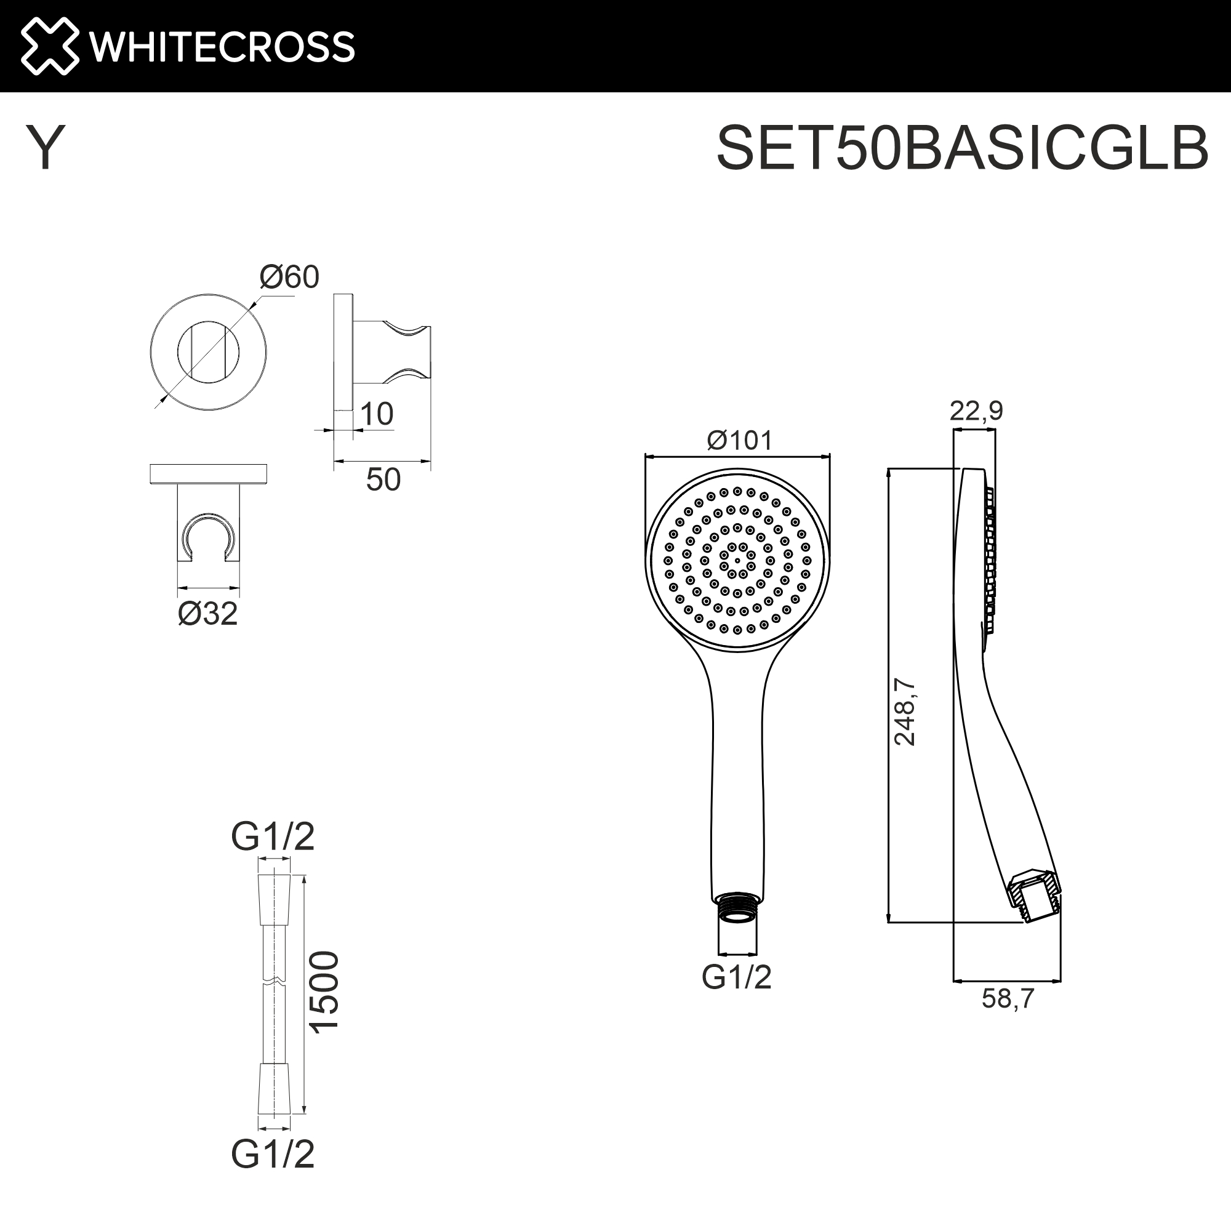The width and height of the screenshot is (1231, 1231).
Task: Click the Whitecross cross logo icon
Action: pyautogui.click(x=50, y=46)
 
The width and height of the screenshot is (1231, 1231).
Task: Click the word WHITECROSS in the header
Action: pyautogui.click(x=221, y=47)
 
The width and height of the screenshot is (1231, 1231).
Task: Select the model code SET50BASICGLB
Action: pyautogui.click(x=961, y=148)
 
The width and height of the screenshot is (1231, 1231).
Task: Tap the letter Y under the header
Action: pyautogui.click(x=45, y=148)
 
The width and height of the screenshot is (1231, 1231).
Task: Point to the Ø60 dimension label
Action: pyautogui.click(x=289, y=277)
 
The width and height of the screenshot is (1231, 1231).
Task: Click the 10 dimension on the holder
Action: pyautogui.click(x=376, y=414)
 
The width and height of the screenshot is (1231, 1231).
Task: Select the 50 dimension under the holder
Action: pyautogui.click(x=383, y=480)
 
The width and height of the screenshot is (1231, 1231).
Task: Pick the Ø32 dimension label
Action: pyautogui.click(x=207, y=614)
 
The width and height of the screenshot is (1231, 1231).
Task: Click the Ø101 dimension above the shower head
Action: pyautogui.click(x=739, y=440)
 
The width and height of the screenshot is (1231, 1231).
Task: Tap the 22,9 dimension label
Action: pyautogui.click(x=976, y=411)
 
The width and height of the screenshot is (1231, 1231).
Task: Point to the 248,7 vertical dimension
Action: pyautogui.click(x=904, y=712)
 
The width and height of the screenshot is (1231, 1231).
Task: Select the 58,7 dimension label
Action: pyautogui.click(x=1008, y=998)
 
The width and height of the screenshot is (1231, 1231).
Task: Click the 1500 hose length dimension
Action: pyautogui.click(x=324, y=991)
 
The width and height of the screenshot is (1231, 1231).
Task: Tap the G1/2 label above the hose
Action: pyautogui.click(x=273, y=836)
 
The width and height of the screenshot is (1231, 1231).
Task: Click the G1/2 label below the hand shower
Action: pyautogui.click(x=736, y=977)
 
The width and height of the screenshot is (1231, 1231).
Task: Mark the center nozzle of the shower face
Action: pyautogui.click(x=737, y=561)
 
